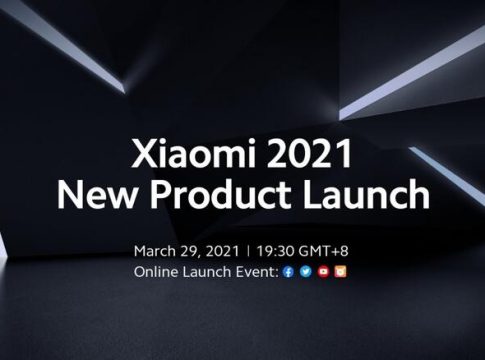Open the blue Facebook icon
coord(289,272)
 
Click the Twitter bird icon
coord(306,272)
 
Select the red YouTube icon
coord(323,272)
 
